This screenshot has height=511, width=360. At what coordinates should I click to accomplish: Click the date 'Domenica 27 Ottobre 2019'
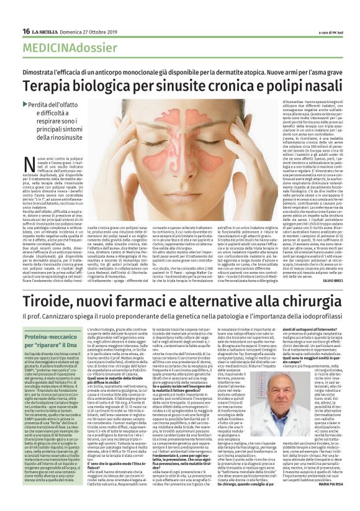(84, 32)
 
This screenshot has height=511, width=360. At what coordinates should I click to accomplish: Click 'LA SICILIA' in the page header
(45, 32)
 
